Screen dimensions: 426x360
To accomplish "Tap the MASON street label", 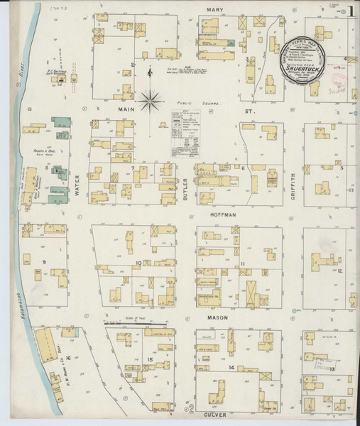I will point(218,317).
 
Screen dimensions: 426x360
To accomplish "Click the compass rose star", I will point(149,100).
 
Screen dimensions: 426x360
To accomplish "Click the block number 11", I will point(243,265).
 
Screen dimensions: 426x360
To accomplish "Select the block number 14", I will point(232,366).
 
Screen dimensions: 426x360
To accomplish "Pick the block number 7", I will point(133,168).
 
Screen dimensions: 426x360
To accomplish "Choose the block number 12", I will point(340,271).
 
